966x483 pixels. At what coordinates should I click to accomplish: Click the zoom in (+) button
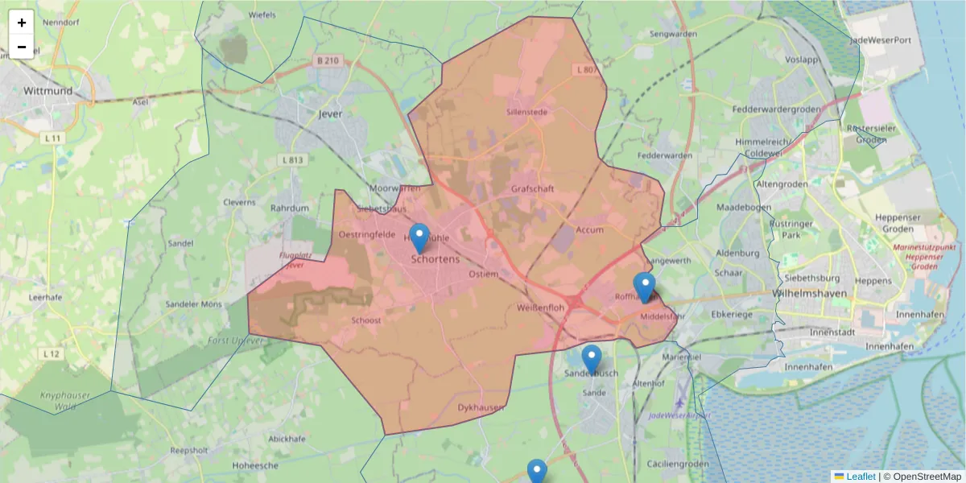[x=22, y=23]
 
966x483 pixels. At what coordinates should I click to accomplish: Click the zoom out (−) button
[x=22, y=47]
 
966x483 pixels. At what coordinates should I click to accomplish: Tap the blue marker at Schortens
[x=419, y=239]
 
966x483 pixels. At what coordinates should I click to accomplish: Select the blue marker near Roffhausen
[x=644, y=287]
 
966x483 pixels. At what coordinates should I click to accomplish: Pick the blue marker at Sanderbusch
[x=592, y=360]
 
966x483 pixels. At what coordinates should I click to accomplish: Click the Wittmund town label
[x=47, y=91]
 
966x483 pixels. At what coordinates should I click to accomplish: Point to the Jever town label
[x=330, y=114]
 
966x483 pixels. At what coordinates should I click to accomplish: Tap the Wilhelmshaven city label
[x=809, y=294]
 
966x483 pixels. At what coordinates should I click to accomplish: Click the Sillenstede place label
[x=526, y=112]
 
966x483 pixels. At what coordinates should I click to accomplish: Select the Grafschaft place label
[x=533, y=188]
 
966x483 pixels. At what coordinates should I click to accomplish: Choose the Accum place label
[x=590, y=229]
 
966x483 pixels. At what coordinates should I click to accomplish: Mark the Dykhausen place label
[x=480, y=407]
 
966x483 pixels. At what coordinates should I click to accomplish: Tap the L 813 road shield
[x=293, y=160]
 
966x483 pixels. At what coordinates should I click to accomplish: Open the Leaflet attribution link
[x=860, y=477]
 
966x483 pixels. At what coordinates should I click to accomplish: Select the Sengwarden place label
[x=673, y=35]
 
